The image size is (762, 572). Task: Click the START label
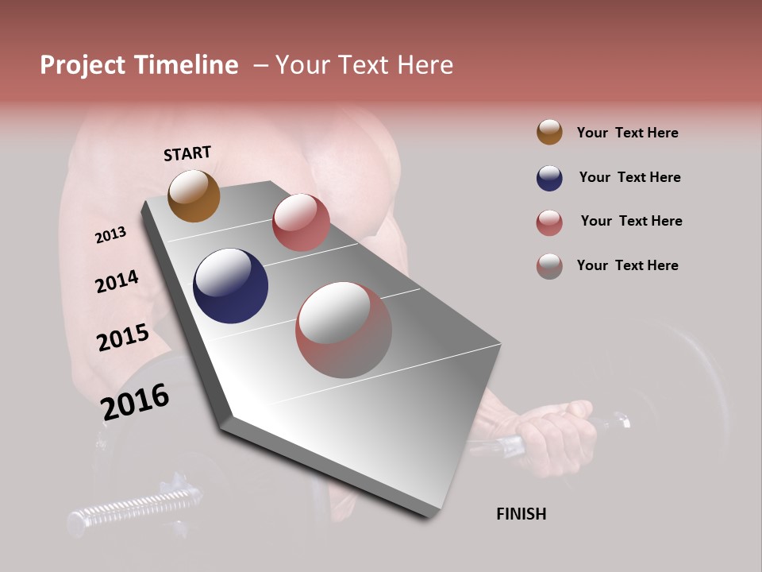[187, 153]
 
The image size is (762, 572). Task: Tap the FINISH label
[521, 514]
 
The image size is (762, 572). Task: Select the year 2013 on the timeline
[110, 235]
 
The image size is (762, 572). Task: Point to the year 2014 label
[117, 281]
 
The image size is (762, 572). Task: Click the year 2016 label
[135, 402]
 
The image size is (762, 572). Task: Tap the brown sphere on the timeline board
[194, 195]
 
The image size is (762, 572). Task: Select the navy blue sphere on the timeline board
[230, 286]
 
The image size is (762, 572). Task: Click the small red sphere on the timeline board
[301, 222]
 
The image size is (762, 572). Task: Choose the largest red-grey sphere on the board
[344, 330]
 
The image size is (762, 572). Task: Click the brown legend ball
[549, 132]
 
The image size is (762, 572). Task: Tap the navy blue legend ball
[549, 178]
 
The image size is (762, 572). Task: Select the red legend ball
[549, 222]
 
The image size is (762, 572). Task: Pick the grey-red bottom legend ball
[549, 266]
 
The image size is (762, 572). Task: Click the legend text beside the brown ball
[627, 133]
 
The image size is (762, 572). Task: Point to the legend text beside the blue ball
[629, 177]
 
